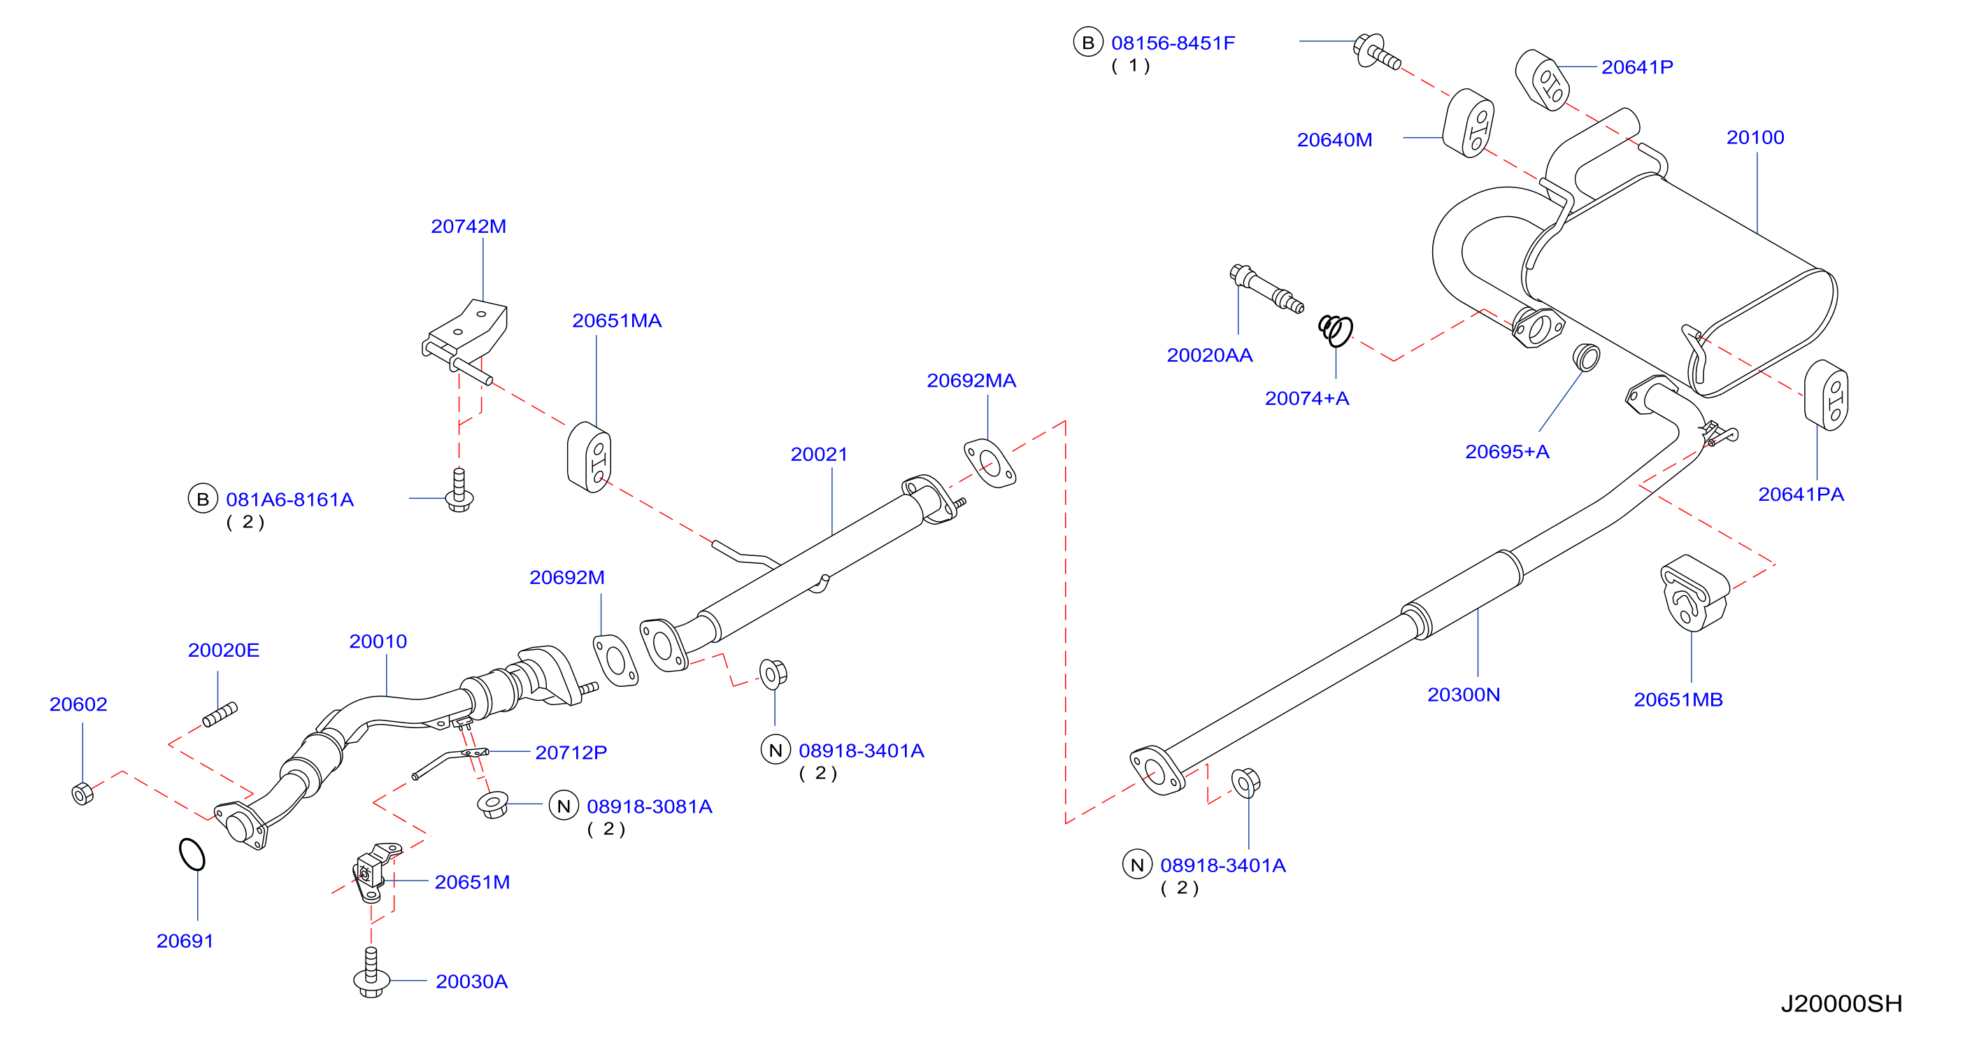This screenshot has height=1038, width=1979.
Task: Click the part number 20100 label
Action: (x=1755, y=138)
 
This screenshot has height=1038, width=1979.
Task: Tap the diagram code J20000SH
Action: (x=1841, y=1004)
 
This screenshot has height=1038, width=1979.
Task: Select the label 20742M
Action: (x=469, y=227)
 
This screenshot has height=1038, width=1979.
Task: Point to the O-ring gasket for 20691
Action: (x=192, y=853)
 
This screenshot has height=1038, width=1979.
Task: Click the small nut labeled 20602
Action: (x=83, y=793)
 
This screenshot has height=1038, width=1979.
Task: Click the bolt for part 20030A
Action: (x=371, y=973)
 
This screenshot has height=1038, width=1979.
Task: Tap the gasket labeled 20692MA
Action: (x=990, y=463)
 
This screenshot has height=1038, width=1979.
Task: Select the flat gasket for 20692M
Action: (x=615, y=660)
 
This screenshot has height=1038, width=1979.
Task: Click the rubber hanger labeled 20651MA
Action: (x=590, y=457)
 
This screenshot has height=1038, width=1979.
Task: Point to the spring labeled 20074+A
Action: (x=1336, y=330)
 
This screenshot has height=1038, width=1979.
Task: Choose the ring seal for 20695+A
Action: (x=1587, y=357)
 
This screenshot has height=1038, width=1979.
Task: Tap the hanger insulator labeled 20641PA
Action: (x=1826, y=395)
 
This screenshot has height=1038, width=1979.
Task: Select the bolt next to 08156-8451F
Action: (x=1377, y=52)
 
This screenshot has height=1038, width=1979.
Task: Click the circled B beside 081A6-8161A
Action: (x=203, y=499)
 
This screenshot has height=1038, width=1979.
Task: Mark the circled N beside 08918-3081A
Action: (x=564, y=806)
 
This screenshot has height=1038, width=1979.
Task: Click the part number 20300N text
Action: (x=1464, y=695)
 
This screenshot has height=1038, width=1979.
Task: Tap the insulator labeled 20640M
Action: (x=1468, y=124)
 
